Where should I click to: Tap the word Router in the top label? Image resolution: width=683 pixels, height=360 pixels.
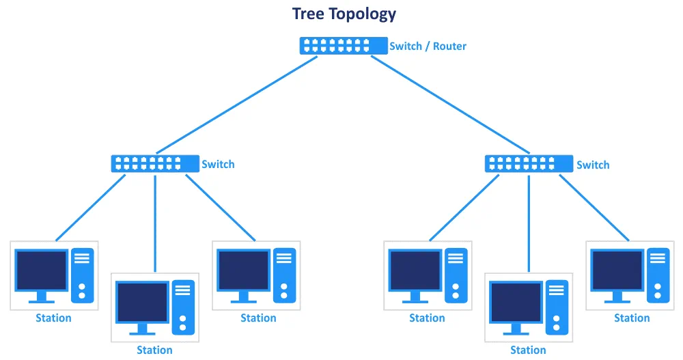pyautogui.click(x=450, y=46)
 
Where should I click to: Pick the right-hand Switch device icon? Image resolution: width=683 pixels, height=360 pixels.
pyautogui.click(x=529, y=164)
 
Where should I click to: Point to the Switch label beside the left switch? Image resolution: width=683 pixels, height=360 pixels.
pyautogui.click(x=218, y=164)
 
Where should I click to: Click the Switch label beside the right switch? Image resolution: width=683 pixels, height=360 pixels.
pyautogui.click(x=593, y=165)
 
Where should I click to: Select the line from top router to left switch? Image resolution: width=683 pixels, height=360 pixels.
pyautogui.click(x=236, y=105)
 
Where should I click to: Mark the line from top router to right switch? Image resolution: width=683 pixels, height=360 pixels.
pyautogui.click(x=451, y=105)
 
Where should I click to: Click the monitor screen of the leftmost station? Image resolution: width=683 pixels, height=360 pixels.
pyautogui.click(x=42, y=270)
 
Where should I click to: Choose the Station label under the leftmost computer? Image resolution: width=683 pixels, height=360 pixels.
pyautogui.click(x=53, y=318)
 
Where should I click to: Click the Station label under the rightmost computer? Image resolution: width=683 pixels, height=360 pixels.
pyautogui.click(x=632, y=318)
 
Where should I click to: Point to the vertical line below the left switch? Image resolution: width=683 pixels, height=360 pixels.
pyautogui.click(x=155, y=222)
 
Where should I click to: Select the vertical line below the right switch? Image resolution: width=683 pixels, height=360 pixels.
pyautogui.click(x=529, y=222)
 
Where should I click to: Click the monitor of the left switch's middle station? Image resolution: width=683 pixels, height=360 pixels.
pyautogui.click(x=143, y=302)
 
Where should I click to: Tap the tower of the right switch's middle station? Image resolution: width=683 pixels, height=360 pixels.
pyautogui.click(x=557, y=307)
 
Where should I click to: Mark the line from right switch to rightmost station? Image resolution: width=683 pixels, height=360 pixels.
pyautogui.click(x=594, y=208)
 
